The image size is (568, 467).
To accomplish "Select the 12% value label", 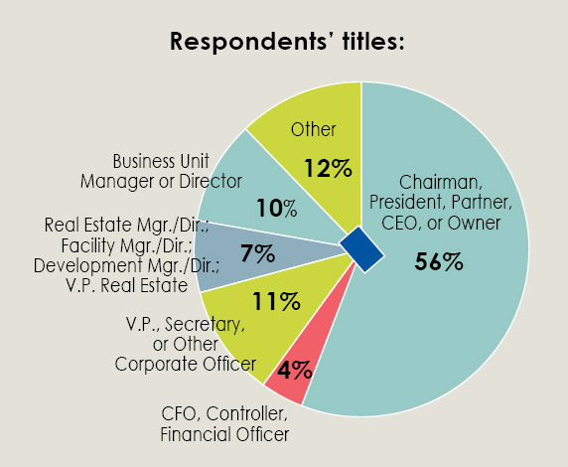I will point(328,167).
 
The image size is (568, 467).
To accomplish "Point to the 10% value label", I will point(277,208).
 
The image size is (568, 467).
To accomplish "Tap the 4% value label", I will point(295,371).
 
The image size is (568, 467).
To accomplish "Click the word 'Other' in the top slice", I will point(314,129).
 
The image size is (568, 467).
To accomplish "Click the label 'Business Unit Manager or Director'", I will point(177,170).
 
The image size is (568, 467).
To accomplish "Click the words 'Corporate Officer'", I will point(185,364).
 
